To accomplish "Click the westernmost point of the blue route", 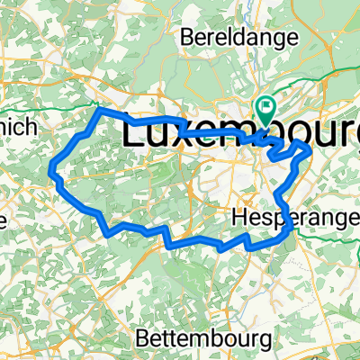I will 50,166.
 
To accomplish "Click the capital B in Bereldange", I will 187,38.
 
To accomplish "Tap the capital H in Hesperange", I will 239,217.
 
